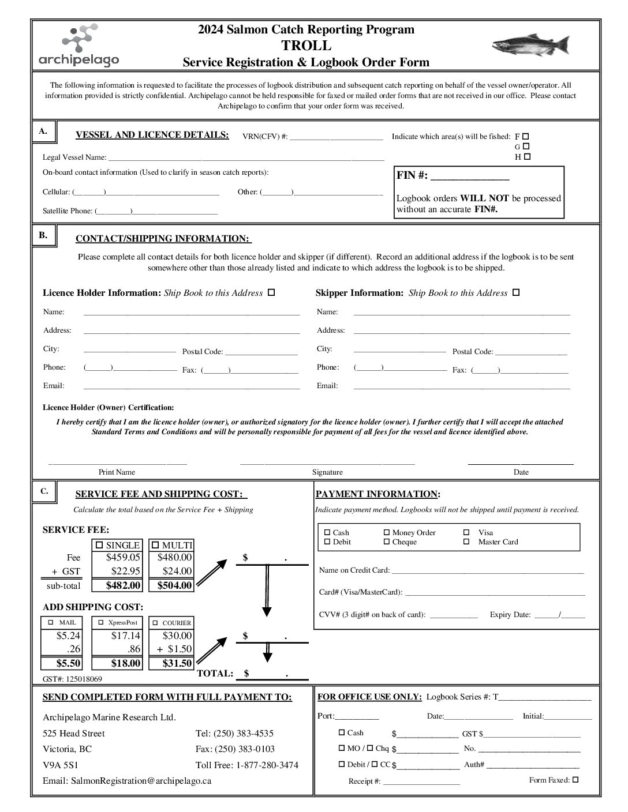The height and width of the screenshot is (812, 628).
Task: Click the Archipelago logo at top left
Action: click(78, 46)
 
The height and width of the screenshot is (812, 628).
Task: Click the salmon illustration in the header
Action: click(530, 45)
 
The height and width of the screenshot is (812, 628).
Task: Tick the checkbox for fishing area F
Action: click(526, 136)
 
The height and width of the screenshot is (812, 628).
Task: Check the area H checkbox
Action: click(527, 156)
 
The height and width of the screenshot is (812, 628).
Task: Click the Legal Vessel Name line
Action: click(246, 157)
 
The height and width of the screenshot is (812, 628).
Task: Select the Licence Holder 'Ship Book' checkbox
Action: click(271, 292)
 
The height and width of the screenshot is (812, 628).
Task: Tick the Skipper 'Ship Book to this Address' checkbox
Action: click(516, 292)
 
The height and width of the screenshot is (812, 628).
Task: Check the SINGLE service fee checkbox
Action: click(99, 545)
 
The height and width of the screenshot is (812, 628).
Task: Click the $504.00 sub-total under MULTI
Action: click(174, 585)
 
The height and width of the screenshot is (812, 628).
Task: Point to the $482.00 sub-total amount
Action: click(123, 585)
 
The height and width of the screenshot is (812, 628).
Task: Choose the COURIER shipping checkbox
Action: click(155, 623)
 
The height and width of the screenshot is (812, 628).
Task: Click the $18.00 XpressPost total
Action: click(126, 663)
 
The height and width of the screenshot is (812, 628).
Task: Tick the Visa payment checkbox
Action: click(466, 533)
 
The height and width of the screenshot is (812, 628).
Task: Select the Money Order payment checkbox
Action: click(387, 533)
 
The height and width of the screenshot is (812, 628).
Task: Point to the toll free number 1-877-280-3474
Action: click(266, 765)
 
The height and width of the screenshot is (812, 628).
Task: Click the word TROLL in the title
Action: click(306, 46)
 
